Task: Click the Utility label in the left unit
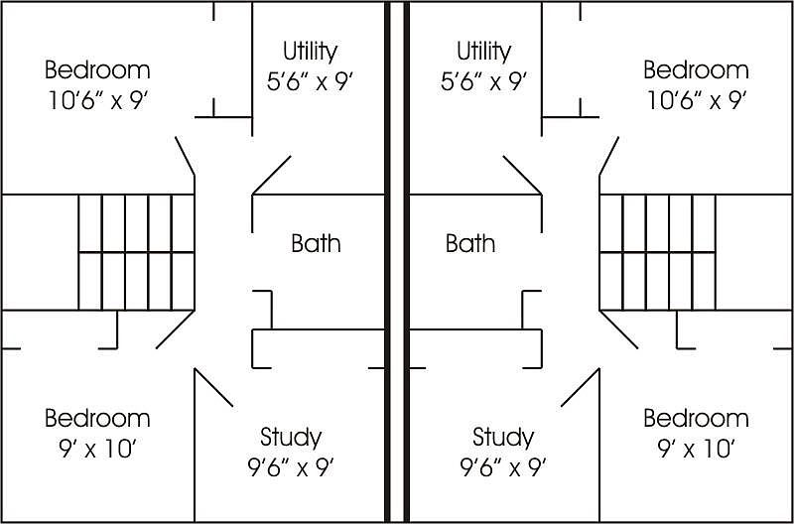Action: coord(310,53)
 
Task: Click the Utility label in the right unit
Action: coord(484,53)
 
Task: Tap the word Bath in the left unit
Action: coord(316,243)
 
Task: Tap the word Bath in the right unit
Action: coord(470,243)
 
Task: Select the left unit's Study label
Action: coord(291,438)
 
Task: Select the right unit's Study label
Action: coord(503,438)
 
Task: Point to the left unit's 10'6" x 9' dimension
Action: coord(97,101)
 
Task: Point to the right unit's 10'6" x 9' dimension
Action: coord(697,101)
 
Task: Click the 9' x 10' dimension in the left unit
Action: coord(97,450)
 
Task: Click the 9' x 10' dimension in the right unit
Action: coord(697,450)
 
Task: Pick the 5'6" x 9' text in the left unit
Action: coord(310,82)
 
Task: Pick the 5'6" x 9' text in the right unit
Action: coord(483,82)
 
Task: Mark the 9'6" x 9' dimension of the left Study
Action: coord(291,468)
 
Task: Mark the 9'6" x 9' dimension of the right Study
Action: coord(503,468)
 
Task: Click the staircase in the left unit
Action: coord(136,252)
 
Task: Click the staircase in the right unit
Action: coord(657,252)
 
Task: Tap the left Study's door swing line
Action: coord(213,387)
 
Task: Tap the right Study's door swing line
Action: coord(581,387)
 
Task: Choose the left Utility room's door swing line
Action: coord(271,176)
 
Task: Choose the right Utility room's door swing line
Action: coord(523,176)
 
